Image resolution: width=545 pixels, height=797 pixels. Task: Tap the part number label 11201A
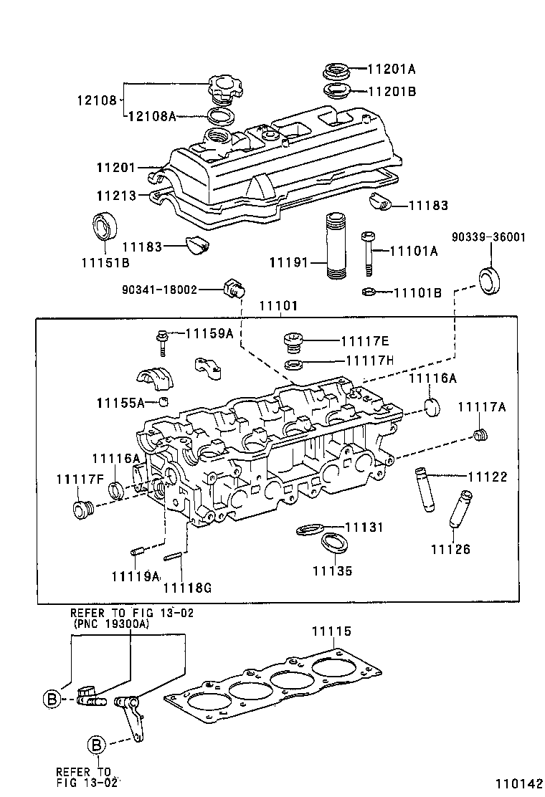coord(392,69)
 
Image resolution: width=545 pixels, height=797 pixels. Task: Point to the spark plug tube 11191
coord(336,246)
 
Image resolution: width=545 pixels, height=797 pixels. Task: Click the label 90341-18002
coord(159,290)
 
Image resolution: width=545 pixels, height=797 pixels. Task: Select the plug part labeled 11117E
coord(293,341)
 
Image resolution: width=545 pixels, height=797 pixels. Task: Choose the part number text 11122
coord(488,477)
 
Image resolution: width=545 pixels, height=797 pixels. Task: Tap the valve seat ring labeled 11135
coord(334,543)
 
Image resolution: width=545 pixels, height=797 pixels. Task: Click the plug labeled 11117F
coord(80,510)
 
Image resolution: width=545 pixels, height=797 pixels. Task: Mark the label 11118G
coord(187,588)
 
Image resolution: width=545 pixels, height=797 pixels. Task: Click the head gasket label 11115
coord(331,631)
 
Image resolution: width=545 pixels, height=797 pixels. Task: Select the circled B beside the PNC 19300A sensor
coord(52,700)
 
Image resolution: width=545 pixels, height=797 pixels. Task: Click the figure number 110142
coord(517,783)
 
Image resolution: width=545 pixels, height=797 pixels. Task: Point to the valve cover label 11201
coord(116,167)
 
